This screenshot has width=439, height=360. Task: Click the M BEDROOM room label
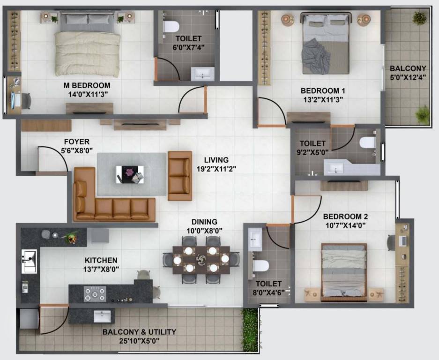coord(87,85)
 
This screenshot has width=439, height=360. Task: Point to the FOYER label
coord(77,142)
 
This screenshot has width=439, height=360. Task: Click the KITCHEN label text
coord(101,260)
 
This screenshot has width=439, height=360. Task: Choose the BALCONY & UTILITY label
coord(139,332)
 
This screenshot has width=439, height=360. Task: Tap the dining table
coord(201,259)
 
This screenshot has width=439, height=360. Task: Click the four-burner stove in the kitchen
coord(95,293)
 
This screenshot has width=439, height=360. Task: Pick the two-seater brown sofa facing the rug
coord(180,175)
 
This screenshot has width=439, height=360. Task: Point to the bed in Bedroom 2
coord(343,271)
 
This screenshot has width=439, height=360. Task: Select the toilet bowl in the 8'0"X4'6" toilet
coord(260,265)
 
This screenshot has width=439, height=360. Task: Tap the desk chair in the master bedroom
coord(26,100)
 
